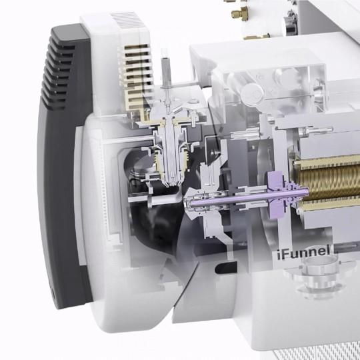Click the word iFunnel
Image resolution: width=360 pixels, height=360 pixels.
coord(303,252)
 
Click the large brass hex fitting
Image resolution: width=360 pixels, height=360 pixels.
coord(240,13)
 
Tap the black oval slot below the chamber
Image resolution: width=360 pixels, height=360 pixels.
coord(226,268)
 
